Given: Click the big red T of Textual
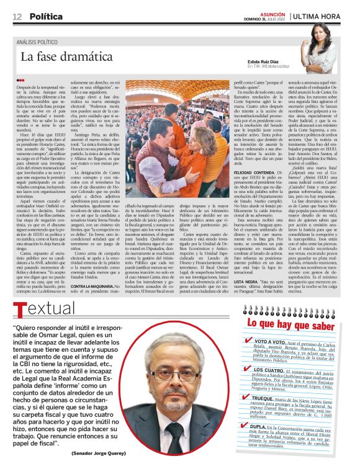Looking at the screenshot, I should (x=19, y=309).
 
